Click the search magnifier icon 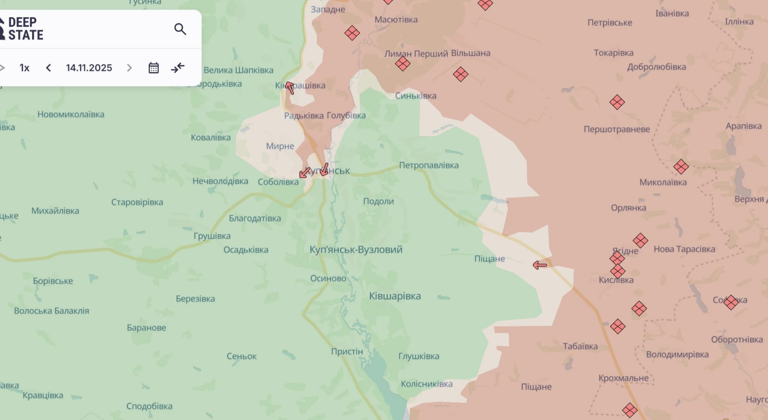click(180, 29)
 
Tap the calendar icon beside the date click(154, 68)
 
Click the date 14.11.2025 click(89, 68)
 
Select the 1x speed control click(25, 68)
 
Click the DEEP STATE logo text click(25, 29)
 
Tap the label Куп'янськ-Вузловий click(356, 250)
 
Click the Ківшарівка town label click(395, 296)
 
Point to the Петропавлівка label click(429, 166)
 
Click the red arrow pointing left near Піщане click(540, 265)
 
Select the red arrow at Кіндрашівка click(290, 88)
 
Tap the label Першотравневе click(616, 129)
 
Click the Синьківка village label click(415, 96)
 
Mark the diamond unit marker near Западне click(352, 33)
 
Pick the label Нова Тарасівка click(684, 249)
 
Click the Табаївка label click(580, 346)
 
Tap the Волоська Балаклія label click(52, 311)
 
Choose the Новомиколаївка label click(71, 114)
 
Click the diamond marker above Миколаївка click(681, 167)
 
